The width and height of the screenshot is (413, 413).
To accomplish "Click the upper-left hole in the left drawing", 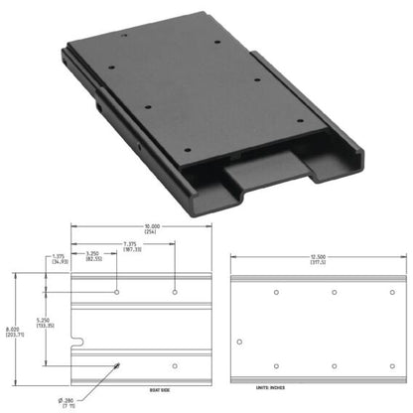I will coord(118,292).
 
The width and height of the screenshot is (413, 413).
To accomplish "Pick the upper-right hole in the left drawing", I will coord(175,292).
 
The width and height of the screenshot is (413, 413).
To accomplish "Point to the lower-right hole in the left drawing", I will coord(175,365).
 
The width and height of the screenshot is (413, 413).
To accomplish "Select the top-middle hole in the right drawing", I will coord(336,292).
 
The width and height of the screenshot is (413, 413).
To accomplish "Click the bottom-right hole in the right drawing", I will coord(391,365).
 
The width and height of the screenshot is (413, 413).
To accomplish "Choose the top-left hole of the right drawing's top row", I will coord(277,292).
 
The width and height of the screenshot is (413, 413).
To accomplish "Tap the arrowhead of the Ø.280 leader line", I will coord(122,365).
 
